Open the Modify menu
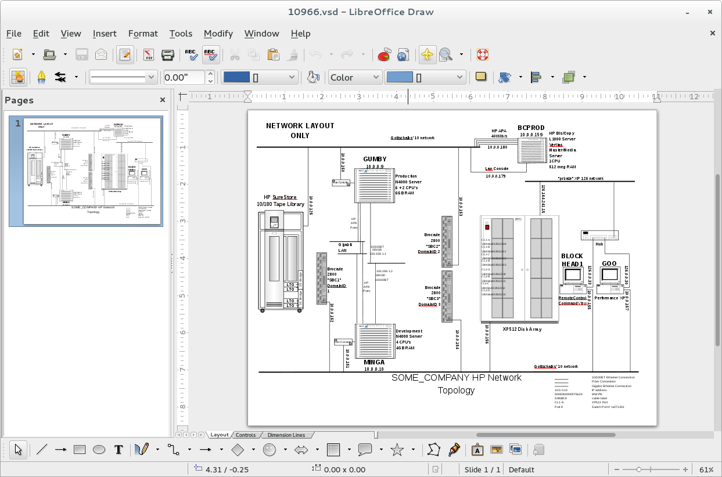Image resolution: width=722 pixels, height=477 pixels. [x=218, y=34]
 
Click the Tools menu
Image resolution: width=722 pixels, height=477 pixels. [x=181, y=34]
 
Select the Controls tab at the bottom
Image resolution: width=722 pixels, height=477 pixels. [x=246, y=435]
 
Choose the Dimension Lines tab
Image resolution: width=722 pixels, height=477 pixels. [x=286, y=435]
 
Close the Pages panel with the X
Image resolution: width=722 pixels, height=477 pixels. [x=163, y=100]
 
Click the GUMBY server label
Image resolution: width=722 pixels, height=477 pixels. [x=375, y=159]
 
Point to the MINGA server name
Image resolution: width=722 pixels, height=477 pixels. [x=374, y=362]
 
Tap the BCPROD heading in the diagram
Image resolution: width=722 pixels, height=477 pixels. [x=531, y=128]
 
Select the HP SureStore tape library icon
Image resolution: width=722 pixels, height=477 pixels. [x=281, y=261]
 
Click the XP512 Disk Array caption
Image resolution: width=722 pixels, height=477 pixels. [x=522, y=329]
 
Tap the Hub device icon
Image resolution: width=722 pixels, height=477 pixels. [x=599, y=235]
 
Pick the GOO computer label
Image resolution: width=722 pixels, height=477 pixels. [x=609, y=263]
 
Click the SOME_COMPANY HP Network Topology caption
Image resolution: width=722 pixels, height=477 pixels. [x=456, y=384]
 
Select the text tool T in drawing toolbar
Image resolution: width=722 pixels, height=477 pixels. [x=118, y=449]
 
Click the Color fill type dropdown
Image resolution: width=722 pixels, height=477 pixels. [x=354, y=77]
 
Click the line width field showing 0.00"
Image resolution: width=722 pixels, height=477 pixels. [x=184, y=77]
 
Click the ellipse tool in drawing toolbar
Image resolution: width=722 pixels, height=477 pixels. [x=99, y=449]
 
